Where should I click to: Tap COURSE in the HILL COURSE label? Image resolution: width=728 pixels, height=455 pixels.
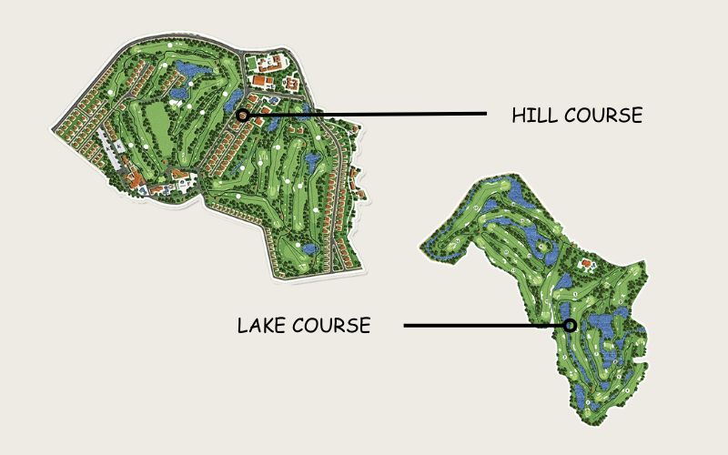603,116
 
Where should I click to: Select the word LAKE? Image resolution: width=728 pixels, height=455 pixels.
261,326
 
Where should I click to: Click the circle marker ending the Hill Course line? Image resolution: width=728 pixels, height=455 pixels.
242,115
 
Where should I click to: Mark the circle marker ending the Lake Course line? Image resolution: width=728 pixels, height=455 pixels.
570,325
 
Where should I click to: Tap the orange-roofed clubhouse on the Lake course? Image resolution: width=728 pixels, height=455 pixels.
587,266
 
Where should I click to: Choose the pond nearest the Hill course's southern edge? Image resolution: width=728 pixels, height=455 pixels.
308,247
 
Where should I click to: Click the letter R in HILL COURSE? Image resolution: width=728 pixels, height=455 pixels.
618,116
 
